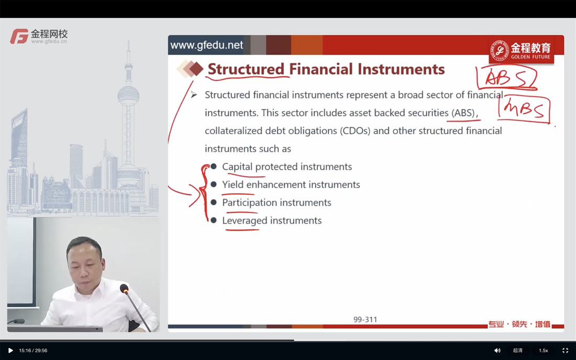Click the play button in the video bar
10,351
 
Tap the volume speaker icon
497,351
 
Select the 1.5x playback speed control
544,351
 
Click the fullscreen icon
566,351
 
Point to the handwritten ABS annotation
506,78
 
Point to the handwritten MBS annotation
524,110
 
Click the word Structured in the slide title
246,69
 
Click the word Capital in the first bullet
237,167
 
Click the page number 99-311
365,320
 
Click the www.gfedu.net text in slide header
206,45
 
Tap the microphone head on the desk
124,288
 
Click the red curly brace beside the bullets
204,192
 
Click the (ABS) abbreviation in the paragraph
463,113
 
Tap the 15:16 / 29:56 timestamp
33,351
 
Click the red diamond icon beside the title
196,69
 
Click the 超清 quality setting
517,351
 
